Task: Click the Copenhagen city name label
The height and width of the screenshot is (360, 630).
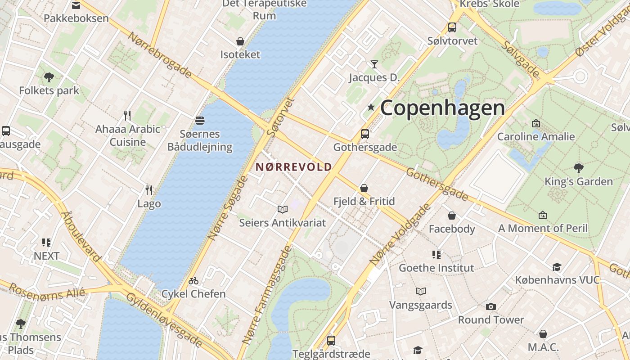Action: pos(442,108)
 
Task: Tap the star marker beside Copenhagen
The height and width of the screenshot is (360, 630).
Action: pos(371,107)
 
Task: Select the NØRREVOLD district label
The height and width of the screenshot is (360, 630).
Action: pos(293,167)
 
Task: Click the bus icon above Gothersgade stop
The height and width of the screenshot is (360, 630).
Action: pos(364,134)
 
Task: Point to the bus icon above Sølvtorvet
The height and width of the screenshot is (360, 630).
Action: pos(452,27)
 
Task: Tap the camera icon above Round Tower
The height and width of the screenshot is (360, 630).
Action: pos(490,306)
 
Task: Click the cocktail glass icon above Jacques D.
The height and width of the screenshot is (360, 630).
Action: pos(374,64)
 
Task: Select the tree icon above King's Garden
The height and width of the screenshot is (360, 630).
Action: pos(578,168)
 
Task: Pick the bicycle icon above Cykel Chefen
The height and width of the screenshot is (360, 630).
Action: pos(193,281)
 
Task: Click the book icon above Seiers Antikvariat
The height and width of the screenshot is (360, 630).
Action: pos(282,209)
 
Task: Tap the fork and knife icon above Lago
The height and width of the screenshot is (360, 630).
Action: pos(148,190)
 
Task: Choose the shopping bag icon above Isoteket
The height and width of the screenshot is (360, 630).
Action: pos(240,41)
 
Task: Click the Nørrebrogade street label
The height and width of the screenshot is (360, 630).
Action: pos(160,55)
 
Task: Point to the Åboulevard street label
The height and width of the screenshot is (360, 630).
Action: pos(81,236)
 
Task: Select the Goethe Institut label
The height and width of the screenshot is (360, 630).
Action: pos(436,268)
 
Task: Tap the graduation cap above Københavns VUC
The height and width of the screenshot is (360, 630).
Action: pos(557,267)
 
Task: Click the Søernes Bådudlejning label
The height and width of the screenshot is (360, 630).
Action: pos(200,140)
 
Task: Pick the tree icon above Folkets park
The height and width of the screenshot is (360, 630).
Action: pos(49,77)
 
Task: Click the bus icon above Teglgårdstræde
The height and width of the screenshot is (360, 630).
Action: pos(331,340)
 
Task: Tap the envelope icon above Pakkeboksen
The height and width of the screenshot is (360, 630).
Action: pos(76,5)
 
